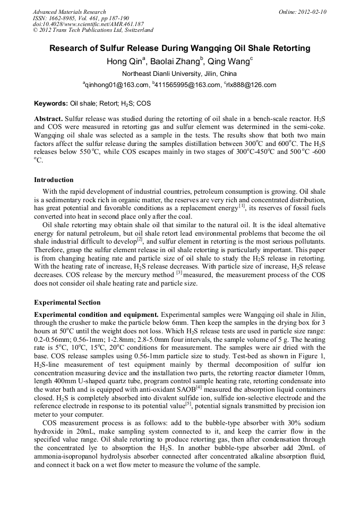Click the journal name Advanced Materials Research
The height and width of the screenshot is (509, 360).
point(69,12)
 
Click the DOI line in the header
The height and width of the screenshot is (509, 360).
point(88,24)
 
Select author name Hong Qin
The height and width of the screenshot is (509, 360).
point(123,61)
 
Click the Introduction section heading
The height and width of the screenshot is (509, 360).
point(54,180)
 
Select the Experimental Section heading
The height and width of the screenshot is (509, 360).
point(67,303)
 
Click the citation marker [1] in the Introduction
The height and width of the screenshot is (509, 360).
point(242,205)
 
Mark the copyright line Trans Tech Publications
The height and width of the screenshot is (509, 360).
point(93,31)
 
